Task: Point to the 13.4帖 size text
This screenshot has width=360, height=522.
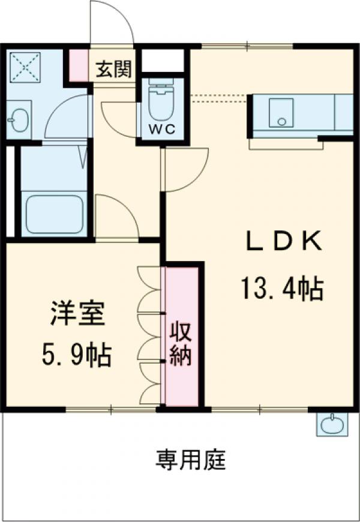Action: coord(283,289)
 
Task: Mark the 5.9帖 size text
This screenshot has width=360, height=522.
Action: coord(77,356)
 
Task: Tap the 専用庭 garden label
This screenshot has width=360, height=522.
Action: coord(191,461)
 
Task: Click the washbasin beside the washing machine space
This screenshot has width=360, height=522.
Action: coord(20,120)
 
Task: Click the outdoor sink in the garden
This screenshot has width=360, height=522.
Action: coord(331,425)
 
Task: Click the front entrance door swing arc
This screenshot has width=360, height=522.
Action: coord(111,21)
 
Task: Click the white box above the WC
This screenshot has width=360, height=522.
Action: coord(161,62)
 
